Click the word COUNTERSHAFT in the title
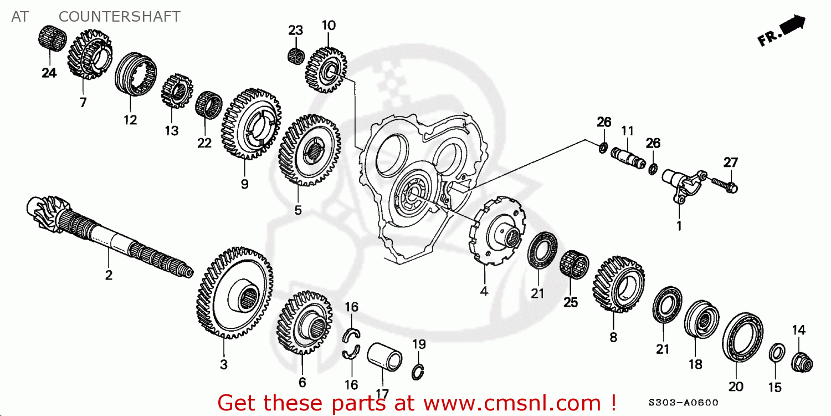(x=119, y=17)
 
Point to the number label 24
(x=49, y=73)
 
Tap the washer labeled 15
(x=777, y=352)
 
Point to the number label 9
(x=244, y=184)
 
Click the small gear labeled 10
(x=327, y=69)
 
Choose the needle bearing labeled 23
(x=296, y=56)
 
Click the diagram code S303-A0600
(x=684, y=403)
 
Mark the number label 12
(x=130, y=119)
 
